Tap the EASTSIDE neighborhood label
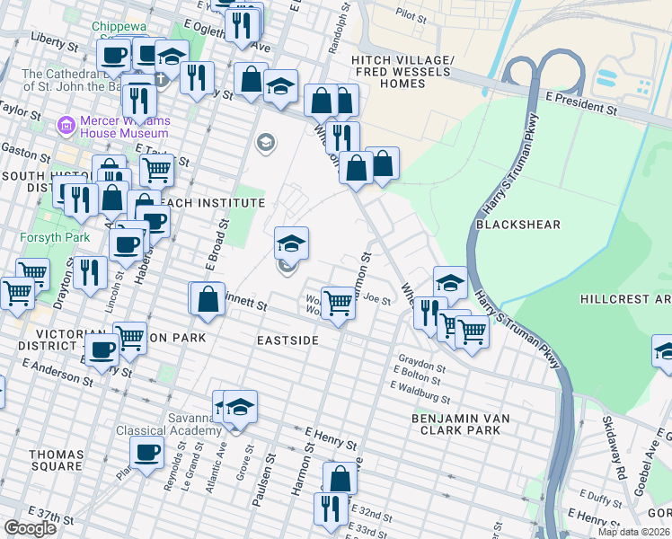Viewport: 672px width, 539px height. point(287,341)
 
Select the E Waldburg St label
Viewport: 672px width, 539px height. point(420,391)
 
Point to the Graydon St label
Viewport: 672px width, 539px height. point(421,367)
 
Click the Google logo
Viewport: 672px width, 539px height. point(30,528)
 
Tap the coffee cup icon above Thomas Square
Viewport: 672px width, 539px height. point(146,452)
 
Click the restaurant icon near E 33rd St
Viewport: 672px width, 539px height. point(330,508)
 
